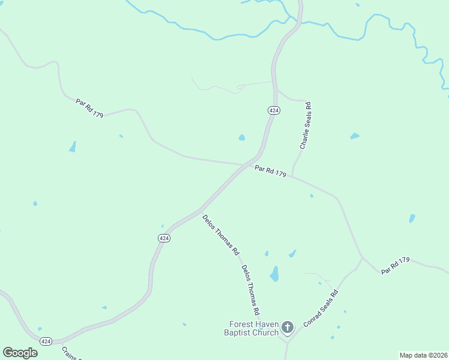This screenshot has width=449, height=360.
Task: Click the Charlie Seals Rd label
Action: [x=306, y=126]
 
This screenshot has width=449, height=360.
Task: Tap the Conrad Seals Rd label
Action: [x=321, y=308]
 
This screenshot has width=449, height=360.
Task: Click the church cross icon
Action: [x=288, y=327]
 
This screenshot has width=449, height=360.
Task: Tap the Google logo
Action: [x=20, y=352]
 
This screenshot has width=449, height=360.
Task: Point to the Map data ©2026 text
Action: [x=423, y=355]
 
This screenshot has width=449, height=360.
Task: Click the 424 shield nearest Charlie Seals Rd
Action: [x=273, y=110]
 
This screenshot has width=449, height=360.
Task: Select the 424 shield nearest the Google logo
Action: [x=46, y=341]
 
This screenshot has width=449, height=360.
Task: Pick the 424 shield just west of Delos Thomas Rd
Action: [x=164, y=238]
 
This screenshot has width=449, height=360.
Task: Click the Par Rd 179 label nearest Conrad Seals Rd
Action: [x=395, y=265]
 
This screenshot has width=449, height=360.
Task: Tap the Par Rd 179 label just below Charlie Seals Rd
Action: [x=270, y=171]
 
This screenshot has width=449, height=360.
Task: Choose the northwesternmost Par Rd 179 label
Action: [x=89, y=108]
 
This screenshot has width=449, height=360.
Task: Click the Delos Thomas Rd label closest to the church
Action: [x=250, y=290]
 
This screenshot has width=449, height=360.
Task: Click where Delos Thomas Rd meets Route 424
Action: [x=199, y=211]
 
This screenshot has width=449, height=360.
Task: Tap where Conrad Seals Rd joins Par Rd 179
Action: [x=362, y=259]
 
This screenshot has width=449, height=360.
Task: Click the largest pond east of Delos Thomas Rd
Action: [x=274, y=274]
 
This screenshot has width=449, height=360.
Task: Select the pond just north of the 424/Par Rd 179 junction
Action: [x=242, y=137]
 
